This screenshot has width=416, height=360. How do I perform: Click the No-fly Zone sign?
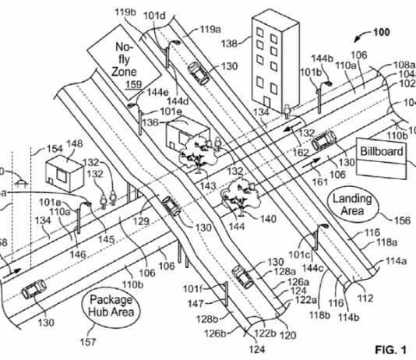[x=124, y=67]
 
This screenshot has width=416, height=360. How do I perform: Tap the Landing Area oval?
[x=352, y=205]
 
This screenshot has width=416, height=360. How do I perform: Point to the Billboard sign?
[x=382, y=157]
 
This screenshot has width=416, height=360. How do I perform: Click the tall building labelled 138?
[x=276, y=61]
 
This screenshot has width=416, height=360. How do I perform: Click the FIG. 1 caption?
[x=390, y=350]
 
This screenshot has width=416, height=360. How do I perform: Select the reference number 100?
[x=382, y=33]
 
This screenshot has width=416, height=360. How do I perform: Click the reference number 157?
[x=88, y=342]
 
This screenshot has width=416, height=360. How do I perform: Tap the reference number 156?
[x=402, y=221]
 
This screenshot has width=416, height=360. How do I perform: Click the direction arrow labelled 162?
[x=293, y=126]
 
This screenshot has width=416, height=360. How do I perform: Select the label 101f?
[x=192, y=288]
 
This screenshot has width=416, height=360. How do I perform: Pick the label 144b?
[x=322, y=58]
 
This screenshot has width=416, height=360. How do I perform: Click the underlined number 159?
[x=134, y=84]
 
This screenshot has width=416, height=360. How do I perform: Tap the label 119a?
[x=210, y=29]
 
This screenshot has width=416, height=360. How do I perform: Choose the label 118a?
[x=387, y=242]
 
